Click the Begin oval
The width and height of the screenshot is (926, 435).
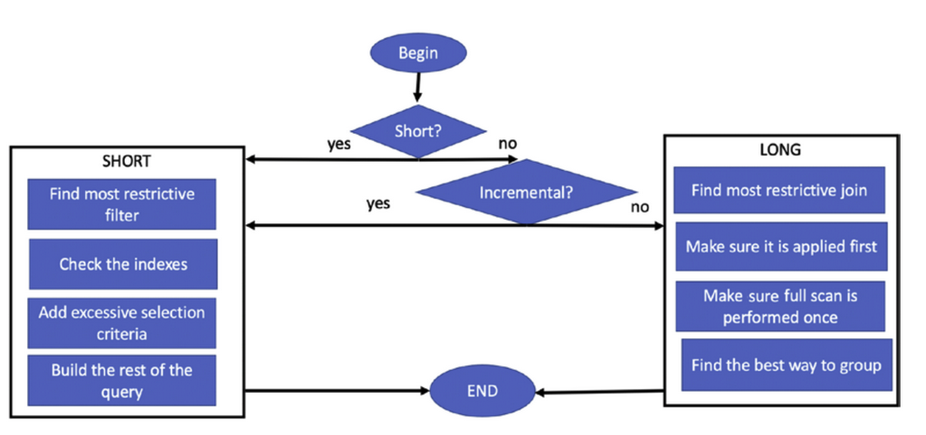[x=418, y=53]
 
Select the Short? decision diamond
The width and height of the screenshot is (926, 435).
[x=418, y=131]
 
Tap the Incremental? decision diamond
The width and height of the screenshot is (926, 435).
[x=526, y=192]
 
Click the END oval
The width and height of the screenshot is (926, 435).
[x=482, y=391]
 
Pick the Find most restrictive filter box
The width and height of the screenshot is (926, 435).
[x=121, y=204]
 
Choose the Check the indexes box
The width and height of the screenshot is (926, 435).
[x=123, y=264]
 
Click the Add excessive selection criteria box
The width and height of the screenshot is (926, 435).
[x=121, y=323]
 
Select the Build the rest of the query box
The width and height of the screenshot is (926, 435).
[x=121, y=380]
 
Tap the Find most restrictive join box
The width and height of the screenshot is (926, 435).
[x=779, y=190]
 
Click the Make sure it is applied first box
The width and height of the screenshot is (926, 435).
[x=781, y=246]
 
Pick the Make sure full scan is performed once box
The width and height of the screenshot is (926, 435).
[x=780, y=307]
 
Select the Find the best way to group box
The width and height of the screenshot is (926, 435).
[x=787, y=364]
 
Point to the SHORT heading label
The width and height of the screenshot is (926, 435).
[x=127, y=162]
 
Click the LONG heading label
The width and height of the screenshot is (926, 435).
[x=780, y=150]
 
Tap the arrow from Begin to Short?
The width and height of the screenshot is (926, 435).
[x=417, y=88]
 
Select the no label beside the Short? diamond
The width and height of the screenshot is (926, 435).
[x=507, y=143]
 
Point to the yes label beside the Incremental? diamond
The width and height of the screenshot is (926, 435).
[x=378, y=203]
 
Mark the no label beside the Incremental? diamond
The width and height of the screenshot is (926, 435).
[x=640, y=206]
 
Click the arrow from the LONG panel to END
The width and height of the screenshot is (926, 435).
[x=600, y=392]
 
